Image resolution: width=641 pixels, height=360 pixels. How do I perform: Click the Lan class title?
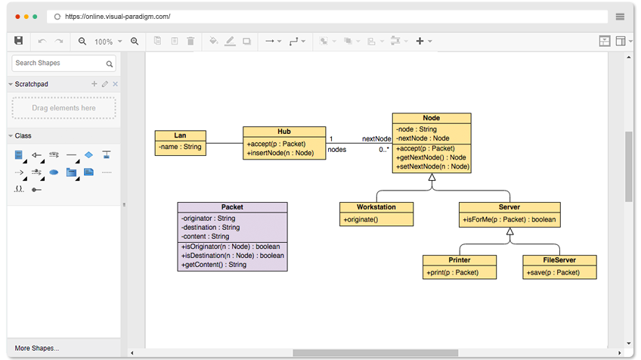click(x=180, y=135)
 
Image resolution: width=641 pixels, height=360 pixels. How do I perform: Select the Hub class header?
click(x=284, y=132)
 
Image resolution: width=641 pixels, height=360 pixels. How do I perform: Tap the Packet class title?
click(x=232, y=207)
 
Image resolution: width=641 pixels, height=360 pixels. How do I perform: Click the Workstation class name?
click(x=376, y=207)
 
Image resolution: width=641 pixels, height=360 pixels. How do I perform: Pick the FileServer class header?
click(x=559, y=260)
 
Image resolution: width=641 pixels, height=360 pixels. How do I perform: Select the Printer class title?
click(x=460, y=260)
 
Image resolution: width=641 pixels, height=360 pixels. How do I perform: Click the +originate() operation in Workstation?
click(x=361, y=219)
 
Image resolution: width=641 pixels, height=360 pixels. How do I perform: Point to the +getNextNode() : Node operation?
click(x=431, y=157)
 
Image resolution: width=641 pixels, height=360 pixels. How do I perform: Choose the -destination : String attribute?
click(x=211, y=228)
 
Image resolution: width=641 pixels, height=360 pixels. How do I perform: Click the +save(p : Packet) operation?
click(x=553, y=272)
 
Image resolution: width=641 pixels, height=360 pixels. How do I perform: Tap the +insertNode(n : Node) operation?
click(x=280, y=153)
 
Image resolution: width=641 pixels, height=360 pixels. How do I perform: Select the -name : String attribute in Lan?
click(x=180, y=147)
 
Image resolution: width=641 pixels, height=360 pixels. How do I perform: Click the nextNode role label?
click(x=376, y=138)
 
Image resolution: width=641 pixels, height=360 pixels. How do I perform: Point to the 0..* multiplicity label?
click(x=384, y=149)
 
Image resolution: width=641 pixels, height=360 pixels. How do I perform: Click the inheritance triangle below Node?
click(x=432, y=177)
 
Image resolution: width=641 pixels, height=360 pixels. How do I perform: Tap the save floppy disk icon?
click(x=18, y=41)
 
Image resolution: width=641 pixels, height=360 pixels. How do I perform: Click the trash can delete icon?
click(x=190, y=41)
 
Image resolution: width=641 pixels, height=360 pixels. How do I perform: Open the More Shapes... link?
click(x=37, y=348)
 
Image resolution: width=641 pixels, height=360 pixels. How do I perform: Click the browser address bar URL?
click(x=118, y=17)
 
